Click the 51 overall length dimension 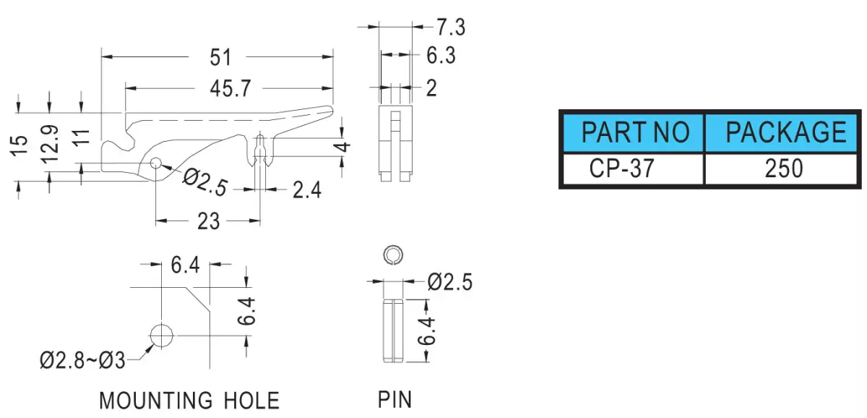tap(220, 57)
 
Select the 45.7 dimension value tap(230, 88)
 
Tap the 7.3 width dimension tap(451, 27)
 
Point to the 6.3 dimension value tap(441, 55)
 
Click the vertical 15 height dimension tap(20, 145)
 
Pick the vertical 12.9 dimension tap(50, 143)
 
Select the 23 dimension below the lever tap(208, 221)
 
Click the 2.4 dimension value tap(307, 190)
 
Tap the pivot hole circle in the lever tap(155, 163)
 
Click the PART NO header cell tap(634, 132)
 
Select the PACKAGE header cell tap(781, 132)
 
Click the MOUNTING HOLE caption tap(189, 401)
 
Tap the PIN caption tap(394, 399)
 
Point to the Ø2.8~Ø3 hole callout tap(82, 360)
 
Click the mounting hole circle tap(161, 336)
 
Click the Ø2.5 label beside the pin tap(449, 281)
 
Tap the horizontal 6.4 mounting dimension tap(186, 265)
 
